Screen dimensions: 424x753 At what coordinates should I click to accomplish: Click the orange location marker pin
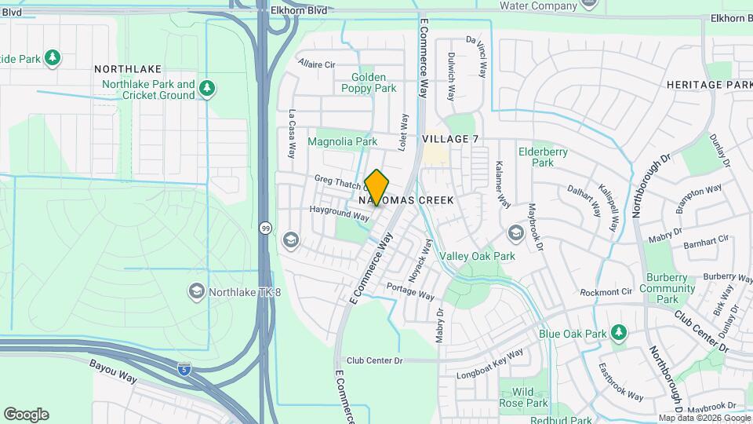[376, 188]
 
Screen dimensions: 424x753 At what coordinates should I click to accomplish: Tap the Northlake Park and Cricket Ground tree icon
[207, 89]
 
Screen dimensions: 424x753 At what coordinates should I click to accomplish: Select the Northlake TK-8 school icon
[196, 293]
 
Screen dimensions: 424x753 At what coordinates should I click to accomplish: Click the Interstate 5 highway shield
[184, 368]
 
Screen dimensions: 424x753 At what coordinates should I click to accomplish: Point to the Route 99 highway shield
[265, 228]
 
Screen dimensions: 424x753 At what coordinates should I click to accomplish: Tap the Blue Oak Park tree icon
[619, 333]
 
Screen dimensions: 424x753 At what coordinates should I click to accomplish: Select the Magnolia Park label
[342, 142]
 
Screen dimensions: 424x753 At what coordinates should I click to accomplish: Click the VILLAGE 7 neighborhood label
[449, 139]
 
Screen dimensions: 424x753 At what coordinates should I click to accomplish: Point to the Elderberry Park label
[537, 157]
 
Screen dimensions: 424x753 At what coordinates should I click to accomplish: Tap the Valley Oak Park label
[477, 256]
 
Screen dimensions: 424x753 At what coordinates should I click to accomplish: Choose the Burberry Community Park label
[667, 288]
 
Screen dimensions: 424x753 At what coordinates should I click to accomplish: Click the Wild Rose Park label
[523, 397]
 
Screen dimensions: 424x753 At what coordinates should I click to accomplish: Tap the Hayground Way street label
[339, 212]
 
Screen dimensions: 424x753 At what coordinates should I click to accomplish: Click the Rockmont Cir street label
[606, 292]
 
